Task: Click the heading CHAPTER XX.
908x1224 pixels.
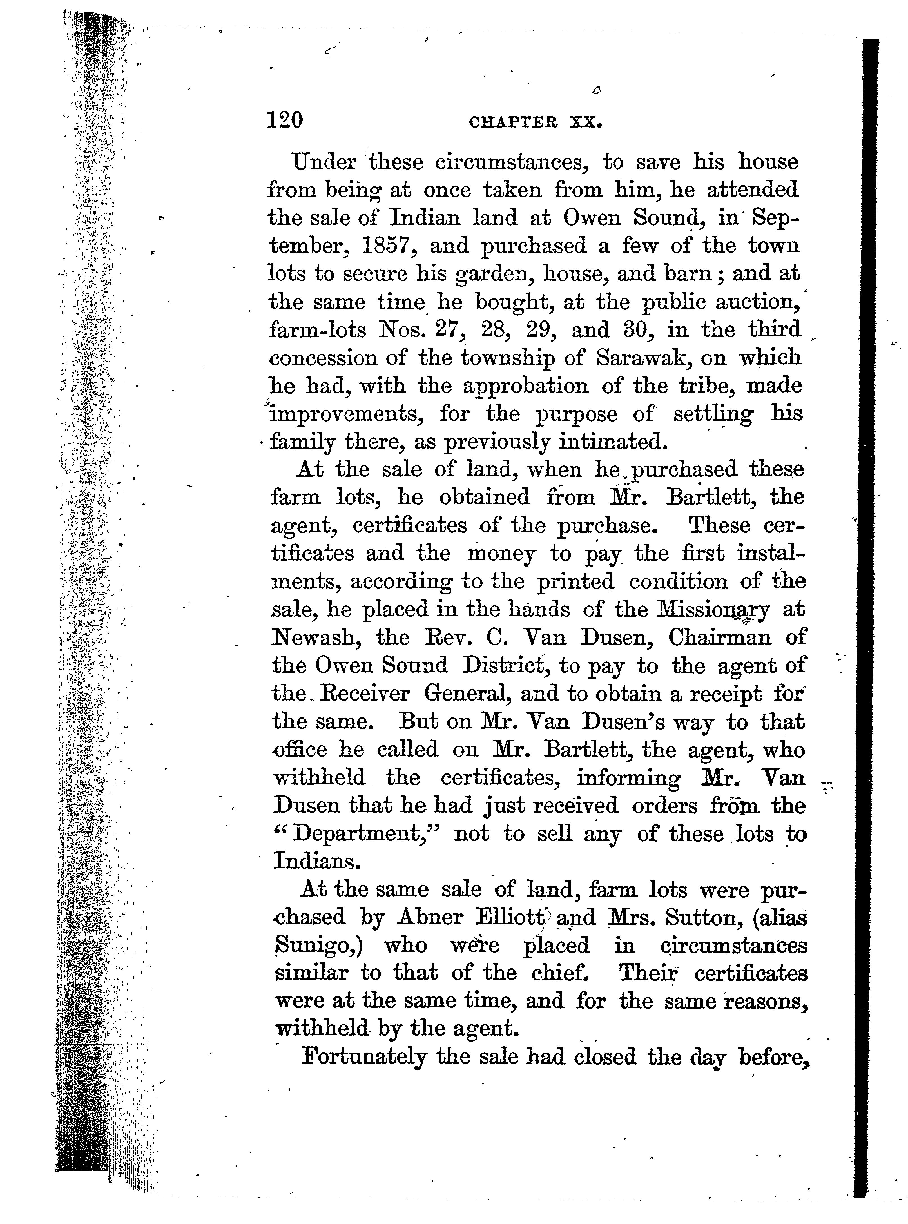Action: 535,122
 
